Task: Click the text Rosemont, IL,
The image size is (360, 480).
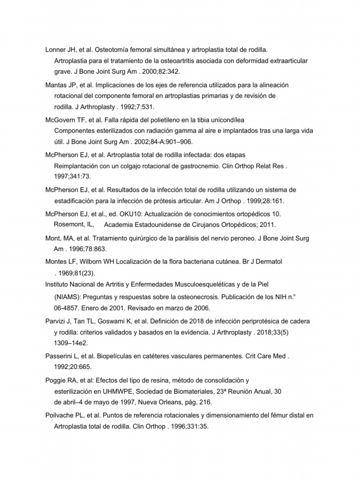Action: pos(74,224)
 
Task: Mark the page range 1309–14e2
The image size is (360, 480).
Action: pos(73,343)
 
